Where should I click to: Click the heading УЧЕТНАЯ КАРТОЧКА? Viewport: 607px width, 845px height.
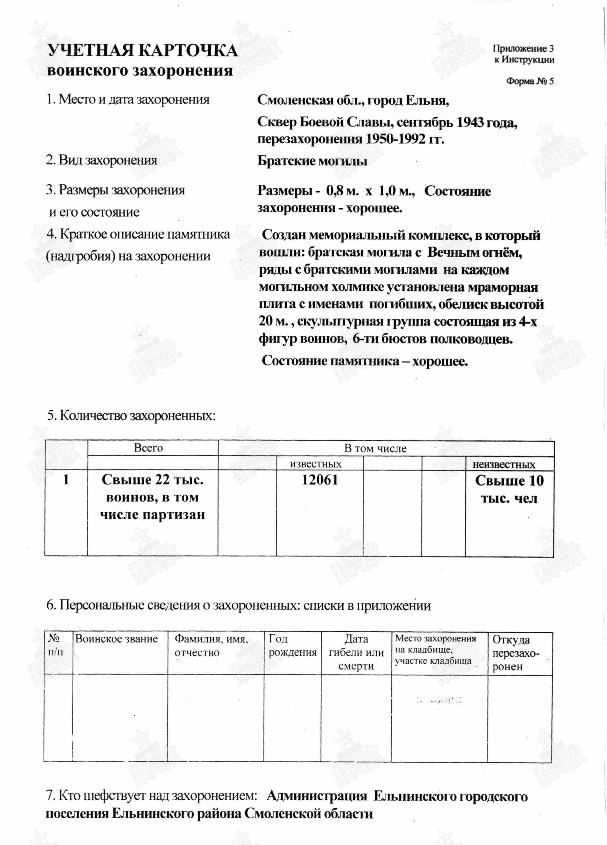143,51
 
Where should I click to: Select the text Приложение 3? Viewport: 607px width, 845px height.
523,49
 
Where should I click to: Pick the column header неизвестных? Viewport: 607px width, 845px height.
504,464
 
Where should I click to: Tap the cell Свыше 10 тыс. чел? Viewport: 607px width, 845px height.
509,489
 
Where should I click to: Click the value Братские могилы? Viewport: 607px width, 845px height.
312,161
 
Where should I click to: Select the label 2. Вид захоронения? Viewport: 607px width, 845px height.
101,160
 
